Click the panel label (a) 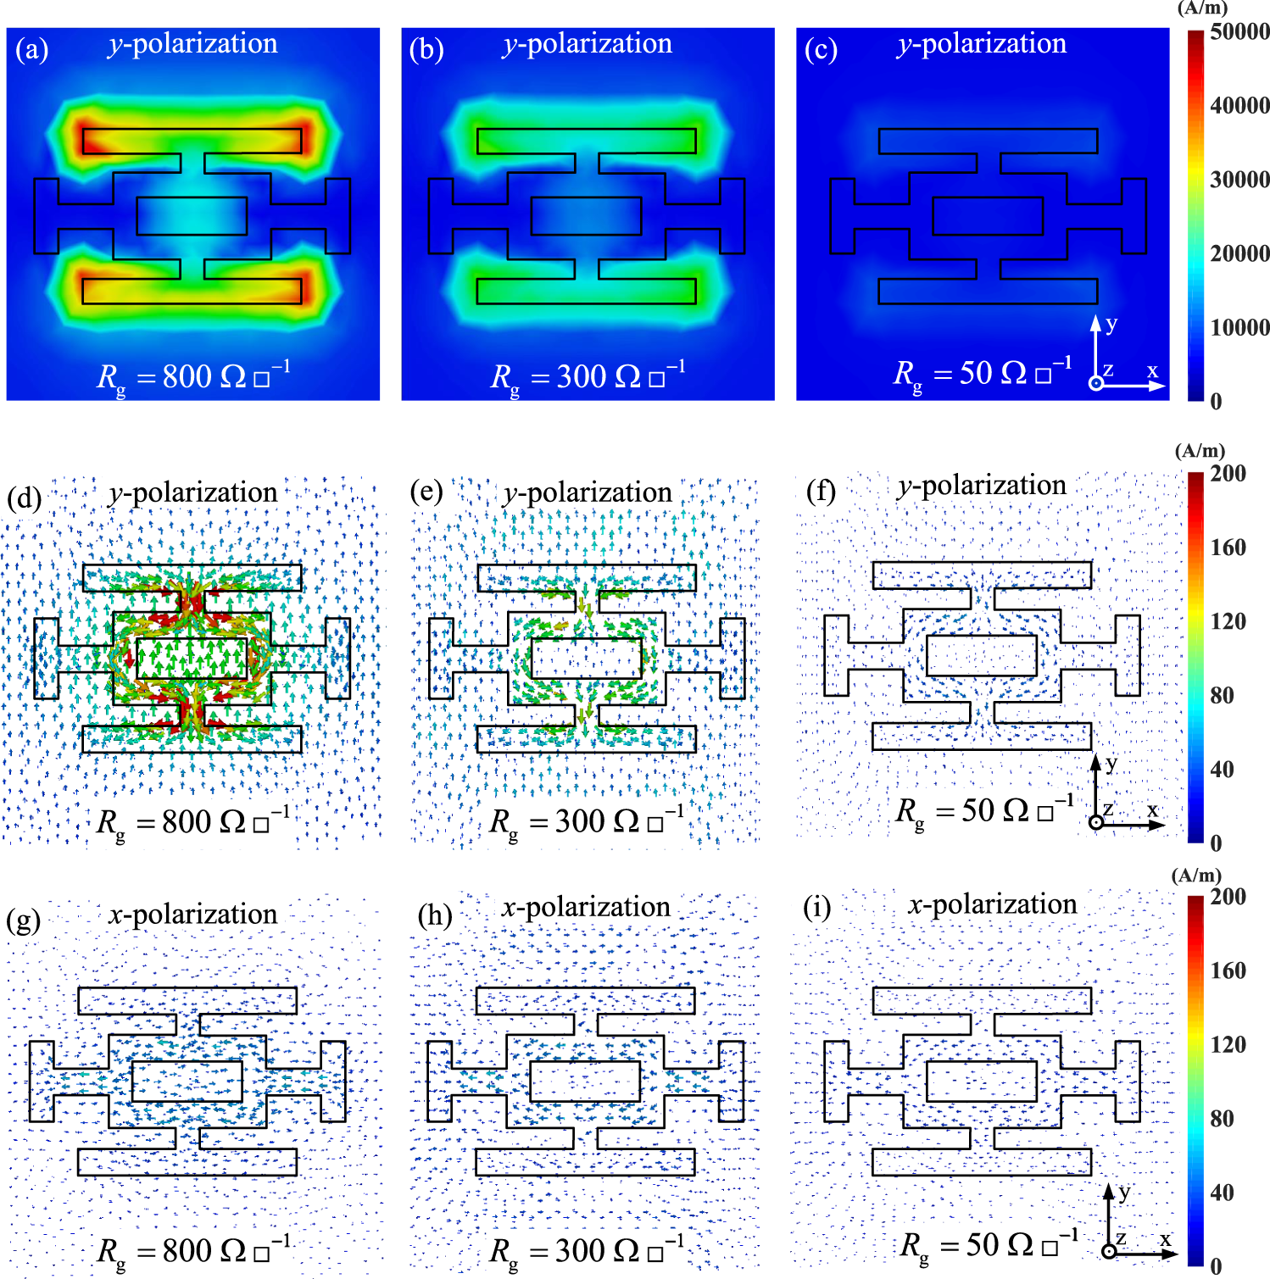pos(32,50)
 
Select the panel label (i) pos(817,908)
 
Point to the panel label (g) pos(24,920)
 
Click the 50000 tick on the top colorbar pos(1239,32)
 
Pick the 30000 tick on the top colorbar pos(1239,180)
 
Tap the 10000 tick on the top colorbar pos(1239,328)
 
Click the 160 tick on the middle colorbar pos(1228,548)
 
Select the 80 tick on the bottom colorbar pos(1222,1119)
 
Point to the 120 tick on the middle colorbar pos(1228,621)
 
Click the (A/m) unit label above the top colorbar pos(1202,8)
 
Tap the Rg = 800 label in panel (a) pos(193,377)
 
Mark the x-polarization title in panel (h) pos(586,907)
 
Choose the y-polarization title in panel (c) pos(982,43)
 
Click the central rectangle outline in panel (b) pos(586,216)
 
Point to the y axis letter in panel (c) pos(1111,323)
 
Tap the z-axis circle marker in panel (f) pos(1096,822)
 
